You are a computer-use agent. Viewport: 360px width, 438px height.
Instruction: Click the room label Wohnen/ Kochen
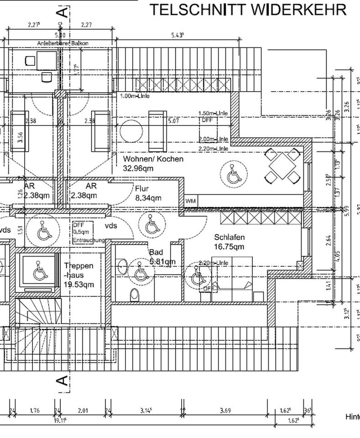(153, 159)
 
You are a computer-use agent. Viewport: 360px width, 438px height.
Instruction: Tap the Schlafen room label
(229, 237)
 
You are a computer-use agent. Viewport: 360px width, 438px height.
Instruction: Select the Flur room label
(142, 188)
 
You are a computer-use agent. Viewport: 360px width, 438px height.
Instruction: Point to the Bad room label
(156, 252)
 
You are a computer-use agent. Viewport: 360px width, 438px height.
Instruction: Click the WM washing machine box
(191, 201)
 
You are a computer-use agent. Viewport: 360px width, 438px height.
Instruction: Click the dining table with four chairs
(282, 166)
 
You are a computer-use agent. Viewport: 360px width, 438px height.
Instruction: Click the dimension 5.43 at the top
(177, 35)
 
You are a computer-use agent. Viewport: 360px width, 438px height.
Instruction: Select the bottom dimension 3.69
(224, 411)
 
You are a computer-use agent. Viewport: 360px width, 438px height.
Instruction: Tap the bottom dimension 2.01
(83, 411)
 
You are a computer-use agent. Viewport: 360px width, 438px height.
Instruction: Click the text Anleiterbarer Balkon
(63, 43)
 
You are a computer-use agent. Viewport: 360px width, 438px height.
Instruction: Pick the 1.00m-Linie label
(135, 96)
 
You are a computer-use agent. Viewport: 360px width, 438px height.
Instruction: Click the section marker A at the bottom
(63, 381)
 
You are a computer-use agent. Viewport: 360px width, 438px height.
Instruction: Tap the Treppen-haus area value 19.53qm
(79, 285)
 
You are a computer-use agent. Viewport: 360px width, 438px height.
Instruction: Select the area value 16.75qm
(229, 247)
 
